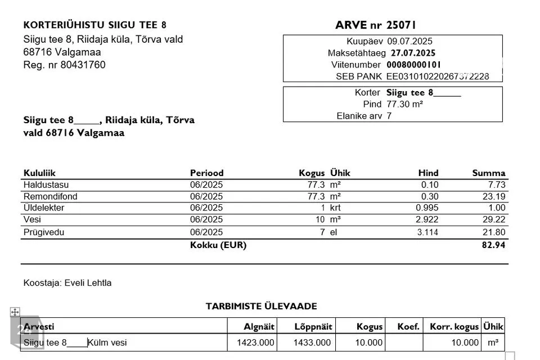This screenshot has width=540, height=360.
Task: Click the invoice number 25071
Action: coord(401,25)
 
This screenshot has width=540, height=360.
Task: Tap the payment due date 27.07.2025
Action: coord(413,53)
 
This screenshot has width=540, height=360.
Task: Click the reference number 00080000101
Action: coord(414,65)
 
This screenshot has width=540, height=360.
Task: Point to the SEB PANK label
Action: coord(359,76)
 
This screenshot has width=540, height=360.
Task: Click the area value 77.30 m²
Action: coord(404,104)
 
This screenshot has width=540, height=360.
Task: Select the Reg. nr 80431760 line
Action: coord(64,65)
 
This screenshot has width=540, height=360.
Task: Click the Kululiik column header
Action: coord(39,173)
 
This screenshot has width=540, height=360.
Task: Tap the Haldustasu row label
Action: coord(46,184)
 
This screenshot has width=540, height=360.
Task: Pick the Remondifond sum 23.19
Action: coord(494,196)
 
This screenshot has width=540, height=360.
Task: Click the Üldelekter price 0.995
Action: coord(427,208)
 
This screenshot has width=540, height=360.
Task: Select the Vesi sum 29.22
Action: coord(494,219)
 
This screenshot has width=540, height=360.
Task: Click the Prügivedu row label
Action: coord(44,232)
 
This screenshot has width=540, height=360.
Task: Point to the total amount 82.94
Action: coord(494,245)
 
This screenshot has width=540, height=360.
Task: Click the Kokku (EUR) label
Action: coord(218,245)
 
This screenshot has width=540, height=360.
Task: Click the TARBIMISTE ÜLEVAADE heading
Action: coord(261,307)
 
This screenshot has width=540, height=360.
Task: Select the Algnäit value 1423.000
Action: coord(256,343)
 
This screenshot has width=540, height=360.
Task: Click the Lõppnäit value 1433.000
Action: coord(312,343)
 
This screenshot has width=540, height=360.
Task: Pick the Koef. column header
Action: coord(408,327)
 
